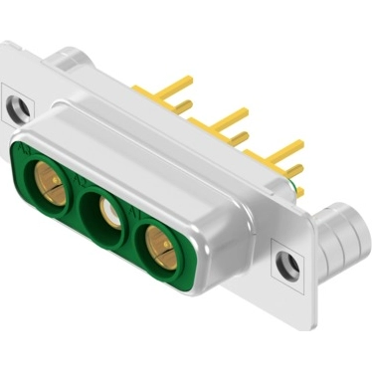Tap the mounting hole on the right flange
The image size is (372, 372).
[x=286, y=264]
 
